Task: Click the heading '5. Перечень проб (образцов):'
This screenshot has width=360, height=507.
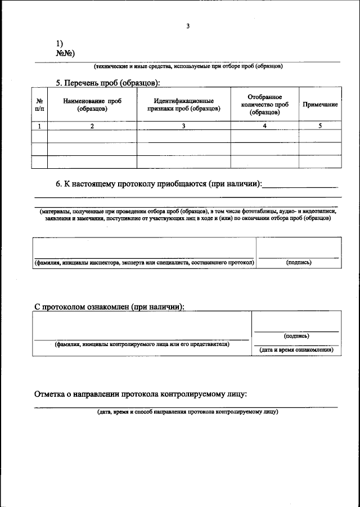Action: click(108, 83)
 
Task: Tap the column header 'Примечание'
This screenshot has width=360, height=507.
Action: click(320, 105)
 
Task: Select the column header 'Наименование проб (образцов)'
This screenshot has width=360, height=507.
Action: click(92, 105)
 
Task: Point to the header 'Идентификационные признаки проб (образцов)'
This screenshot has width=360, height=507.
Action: click(183, 105)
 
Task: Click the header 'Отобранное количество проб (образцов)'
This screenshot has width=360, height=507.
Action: click(264, 105)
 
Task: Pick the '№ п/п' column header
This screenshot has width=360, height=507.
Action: click(39, 105)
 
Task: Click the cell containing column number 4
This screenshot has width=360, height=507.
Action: click(264, 126)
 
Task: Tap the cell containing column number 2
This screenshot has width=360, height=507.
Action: click(92, 126)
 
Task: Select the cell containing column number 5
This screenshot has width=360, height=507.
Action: click(320, 126)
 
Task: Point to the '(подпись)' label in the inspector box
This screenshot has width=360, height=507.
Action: click(298, 263)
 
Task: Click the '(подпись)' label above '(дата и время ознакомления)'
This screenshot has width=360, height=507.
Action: click(296, 336)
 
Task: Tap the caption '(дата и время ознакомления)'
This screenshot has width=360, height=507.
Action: click(296, 350)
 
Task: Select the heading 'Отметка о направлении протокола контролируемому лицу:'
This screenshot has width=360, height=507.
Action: click(141, 394)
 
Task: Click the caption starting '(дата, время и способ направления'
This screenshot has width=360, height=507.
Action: click(187, 412)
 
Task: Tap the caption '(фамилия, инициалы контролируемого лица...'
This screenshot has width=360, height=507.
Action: click(142, 344)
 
